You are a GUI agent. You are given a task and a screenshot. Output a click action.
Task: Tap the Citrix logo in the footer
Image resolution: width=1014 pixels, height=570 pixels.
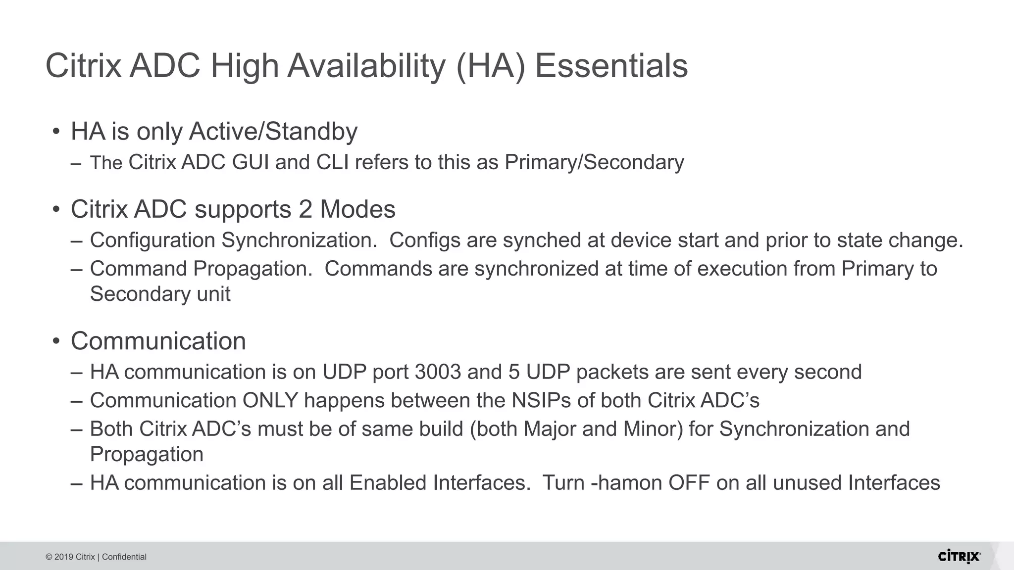pyautogui.click(x=959, y=557)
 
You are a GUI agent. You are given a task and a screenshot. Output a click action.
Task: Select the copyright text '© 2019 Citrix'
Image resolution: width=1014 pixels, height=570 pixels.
pyautogui.click(x=70, y=557)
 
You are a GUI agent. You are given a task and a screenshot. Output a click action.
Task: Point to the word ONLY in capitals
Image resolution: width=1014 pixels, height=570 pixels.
pyautogui.click(x=270, y=401)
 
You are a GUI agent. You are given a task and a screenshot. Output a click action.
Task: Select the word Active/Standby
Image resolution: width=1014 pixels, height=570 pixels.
pyautogui.click(x=273, y=132)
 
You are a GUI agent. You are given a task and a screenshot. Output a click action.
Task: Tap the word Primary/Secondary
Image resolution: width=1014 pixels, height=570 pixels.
pyautogui.click(x=594, y=163)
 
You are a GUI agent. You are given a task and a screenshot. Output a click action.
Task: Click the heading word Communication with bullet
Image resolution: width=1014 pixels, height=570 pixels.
pyautogui.click(x=158, y=341)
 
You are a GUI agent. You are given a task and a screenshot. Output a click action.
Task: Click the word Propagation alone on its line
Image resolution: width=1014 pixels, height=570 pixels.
pyautogui.click(x=147, y=455)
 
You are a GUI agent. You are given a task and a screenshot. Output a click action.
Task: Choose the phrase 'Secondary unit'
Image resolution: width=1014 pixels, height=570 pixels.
pyautogui.click(x=160, y=294)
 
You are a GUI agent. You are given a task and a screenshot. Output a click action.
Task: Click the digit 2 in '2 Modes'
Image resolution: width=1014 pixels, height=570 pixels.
pyautogui.click(x=305, y=209)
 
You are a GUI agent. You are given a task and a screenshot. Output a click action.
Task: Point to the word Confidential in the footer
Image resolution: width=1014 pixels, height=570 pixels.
pyautogui.click(x=124, y=557)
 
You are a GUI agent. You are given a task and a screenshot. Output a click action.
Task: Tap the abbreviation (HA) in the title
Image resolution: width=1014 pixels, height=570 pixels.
pyautogui.click(x=490, y=66)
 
